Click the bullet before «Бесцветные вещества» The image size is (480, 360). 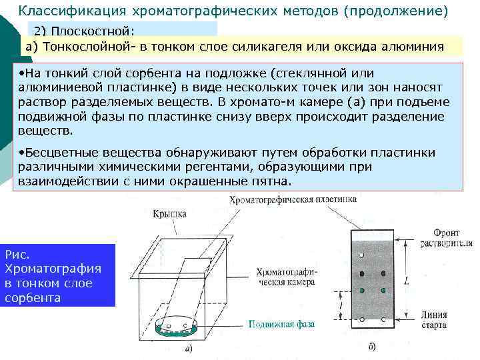pos(21,153)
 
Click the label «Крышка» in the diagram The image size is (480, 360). pos(169,215)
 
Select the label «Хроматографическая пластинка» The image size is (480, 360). pos(293,199)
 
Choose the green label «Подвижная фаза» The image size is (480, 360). pos(281,324)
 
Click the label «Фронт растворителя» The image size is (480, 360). pos(446,239)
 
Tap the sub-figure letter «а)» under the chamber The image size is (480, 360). pos(189,347)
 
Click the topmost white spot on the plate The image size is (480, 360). pos(361,256)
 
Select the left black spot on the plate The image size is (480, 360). pos(361,274)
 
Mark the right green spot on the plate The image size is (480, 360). pos(383,290)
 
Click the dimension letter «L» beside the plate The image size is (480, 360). pos(407,281)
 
